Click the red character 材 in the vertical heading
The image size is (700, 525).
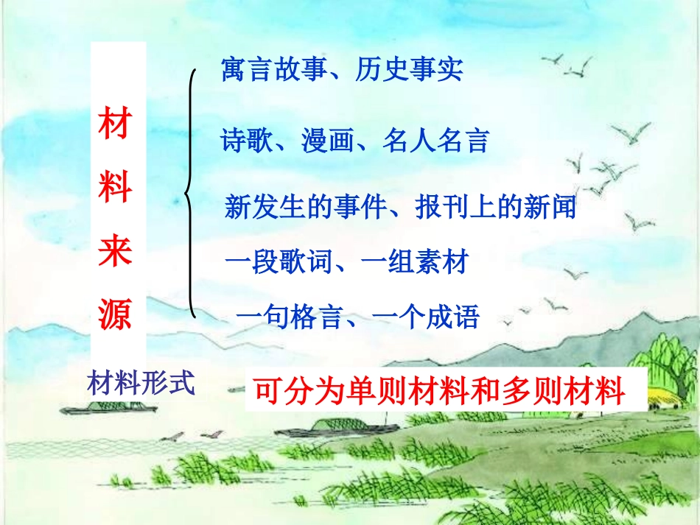click(x=116, y=124)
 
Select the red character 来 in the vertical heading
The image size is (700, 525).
click(x=116, y=251)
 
